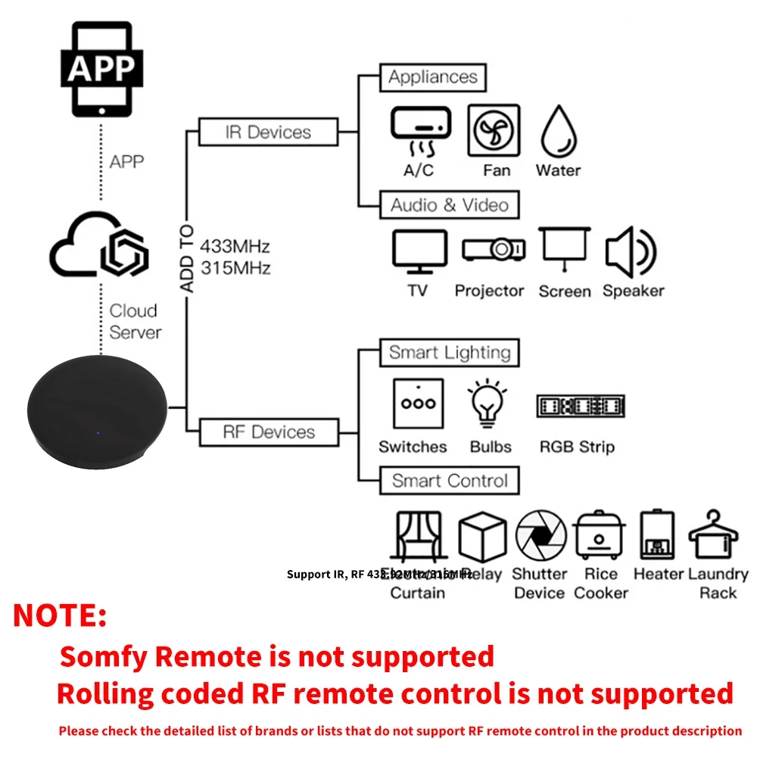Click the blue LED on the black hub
pos(98,433)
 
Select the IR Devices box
pos(268,132)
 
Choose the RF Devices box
pos(268,432)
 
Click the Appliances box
pos(432,77)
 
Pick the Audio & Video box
pos(449,205)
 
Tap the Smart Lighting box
pos(450,353)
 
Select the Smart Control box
pos(450,481)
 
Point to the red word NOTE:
pos(61,615)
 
